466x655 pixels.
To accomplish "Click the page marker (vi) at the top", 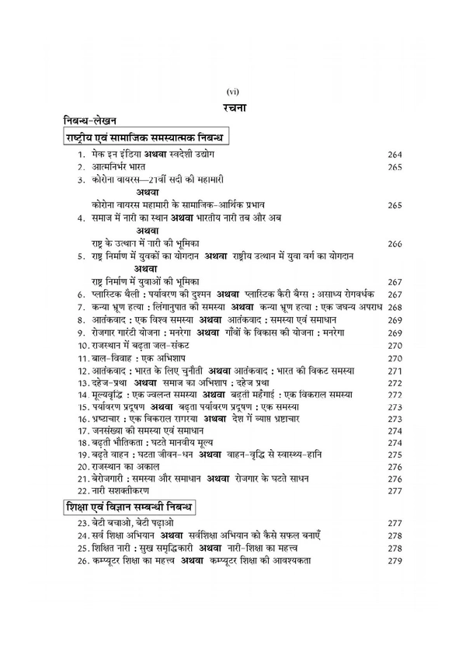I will [x=232, y=92].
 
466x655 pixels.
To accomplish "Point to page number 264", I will [x=395, y=155].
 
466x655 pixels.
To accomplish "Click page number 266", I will [x=395, y=243].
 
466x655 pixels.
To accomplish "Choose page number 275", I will [x=395, y=455].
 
